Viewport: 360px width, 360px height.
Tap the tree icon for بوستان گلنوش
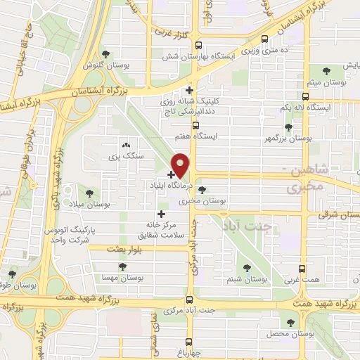[x=105, y=53]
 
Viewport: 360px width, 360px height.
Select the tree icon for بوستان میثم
[x=327, y=70]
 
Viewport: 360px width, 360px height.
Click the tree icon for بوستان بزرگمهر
[x=288, y=127]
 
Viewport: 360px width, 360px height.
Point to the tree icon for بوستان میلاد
[x=89, y=191]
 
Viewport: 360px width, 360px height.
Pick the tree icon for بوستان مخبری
[x=202, y=190]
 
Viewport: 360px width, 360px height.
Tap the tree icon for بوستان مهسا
[x=123, y=266]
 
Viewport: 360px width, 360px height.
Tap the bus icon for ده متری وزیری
[x=264, y=39]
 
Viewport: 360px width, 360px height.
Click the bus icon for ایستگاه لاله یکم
[x=304, y=96]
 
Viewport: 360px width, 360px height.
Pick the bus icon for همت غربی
[x=302, y=269]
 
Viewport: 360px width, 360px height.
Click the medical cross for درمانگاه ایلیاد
[x=171, y=174]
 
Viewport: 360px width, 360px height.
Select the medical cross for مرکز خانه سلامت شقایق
[x=161, y=214]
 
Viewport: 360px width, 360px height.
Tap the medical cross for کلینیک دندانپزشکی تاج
[x=188, y=90]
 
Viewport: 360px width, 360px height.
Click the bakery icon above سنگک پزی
[x=126, y=143]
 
